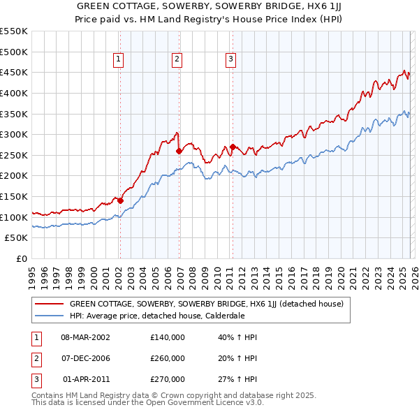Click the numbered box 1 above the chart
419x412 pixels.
(119, 60)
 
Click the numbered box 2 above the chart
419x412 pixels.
(177, 60)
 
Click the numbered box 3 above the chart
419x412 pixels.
(230, 60)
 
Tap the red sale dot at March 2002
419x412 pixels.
(120, 200)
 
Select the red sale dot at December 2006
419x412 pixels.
(179, 150)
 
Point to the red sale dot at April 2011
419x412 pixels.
(232, 147)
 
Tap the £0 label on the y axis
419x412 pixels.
(21, 259)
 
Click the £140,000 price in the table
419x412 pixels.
(168, 337)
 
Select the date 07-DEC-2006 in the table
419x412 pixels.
(85, 358)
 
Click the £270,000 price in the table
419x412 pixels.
(168, 379)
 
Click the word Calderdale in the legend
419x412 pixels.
(223, 315)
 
